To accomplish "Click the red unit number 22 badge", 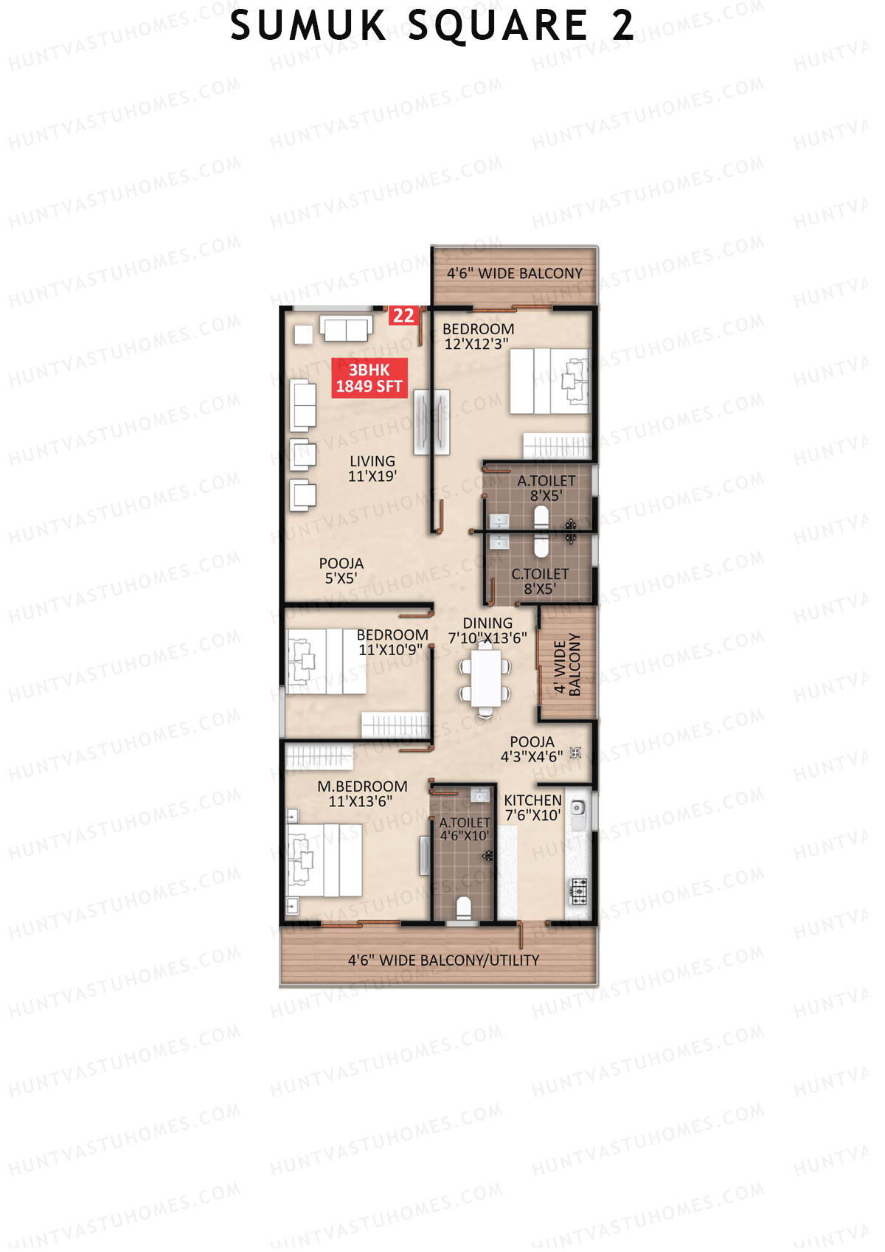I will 403,316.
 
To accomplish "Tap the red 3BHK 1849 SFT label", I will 369,378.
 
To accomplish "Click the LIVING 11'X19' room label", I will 372,468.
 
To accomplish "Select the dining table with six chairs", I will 485,678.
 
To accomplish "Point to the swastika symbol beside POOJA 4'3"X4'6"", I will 576,753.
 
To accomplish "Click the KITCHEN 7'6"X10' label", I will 532,808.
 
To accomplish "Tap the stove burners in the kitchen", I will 579,891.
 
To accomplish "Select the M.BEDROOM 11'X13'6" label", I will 361,794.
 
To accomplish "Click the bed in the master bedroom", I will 324,860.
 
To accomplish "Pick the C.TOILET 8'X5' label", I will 540,581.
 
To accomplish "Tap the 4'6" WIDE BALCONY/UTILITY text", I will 443,961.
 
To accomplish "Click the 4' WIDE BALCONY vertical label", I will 567,665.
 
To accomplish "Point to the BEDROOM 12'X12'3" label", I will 478,336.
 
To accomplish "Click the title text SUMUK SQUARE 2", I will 432,27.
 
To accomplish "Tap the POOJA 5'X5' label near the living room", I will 341,571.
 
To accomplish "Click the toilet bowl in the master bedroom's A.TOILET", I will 464,907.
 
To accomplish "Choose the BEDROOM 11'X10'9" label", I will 392,643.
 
